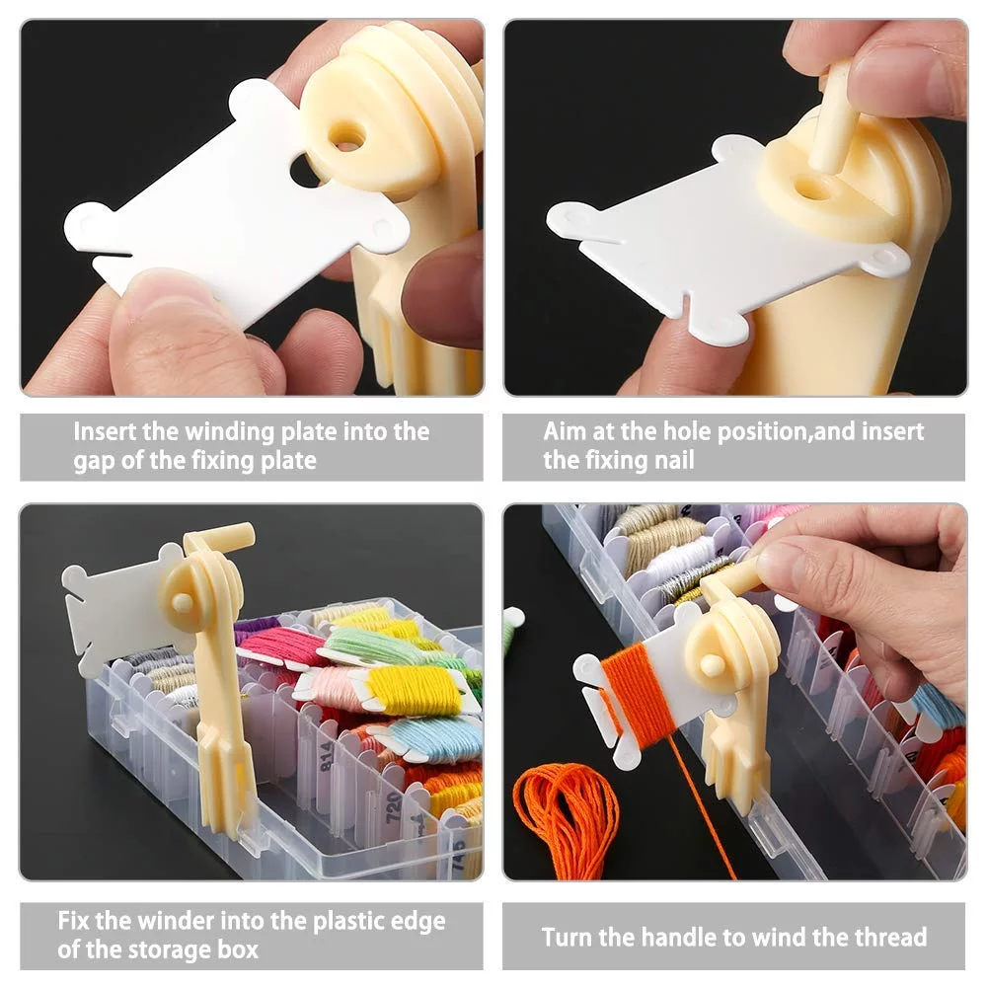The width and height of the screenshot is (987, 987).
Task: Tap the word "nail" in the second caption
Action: point(674,460)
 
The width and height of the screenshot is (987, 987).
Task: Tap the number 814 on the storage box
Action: point(327,756)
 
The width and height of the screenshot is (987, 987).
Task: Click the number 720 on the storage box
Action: point(394,807)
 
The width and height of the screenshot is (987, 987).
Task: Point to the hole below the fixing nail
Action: point(812,187)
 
